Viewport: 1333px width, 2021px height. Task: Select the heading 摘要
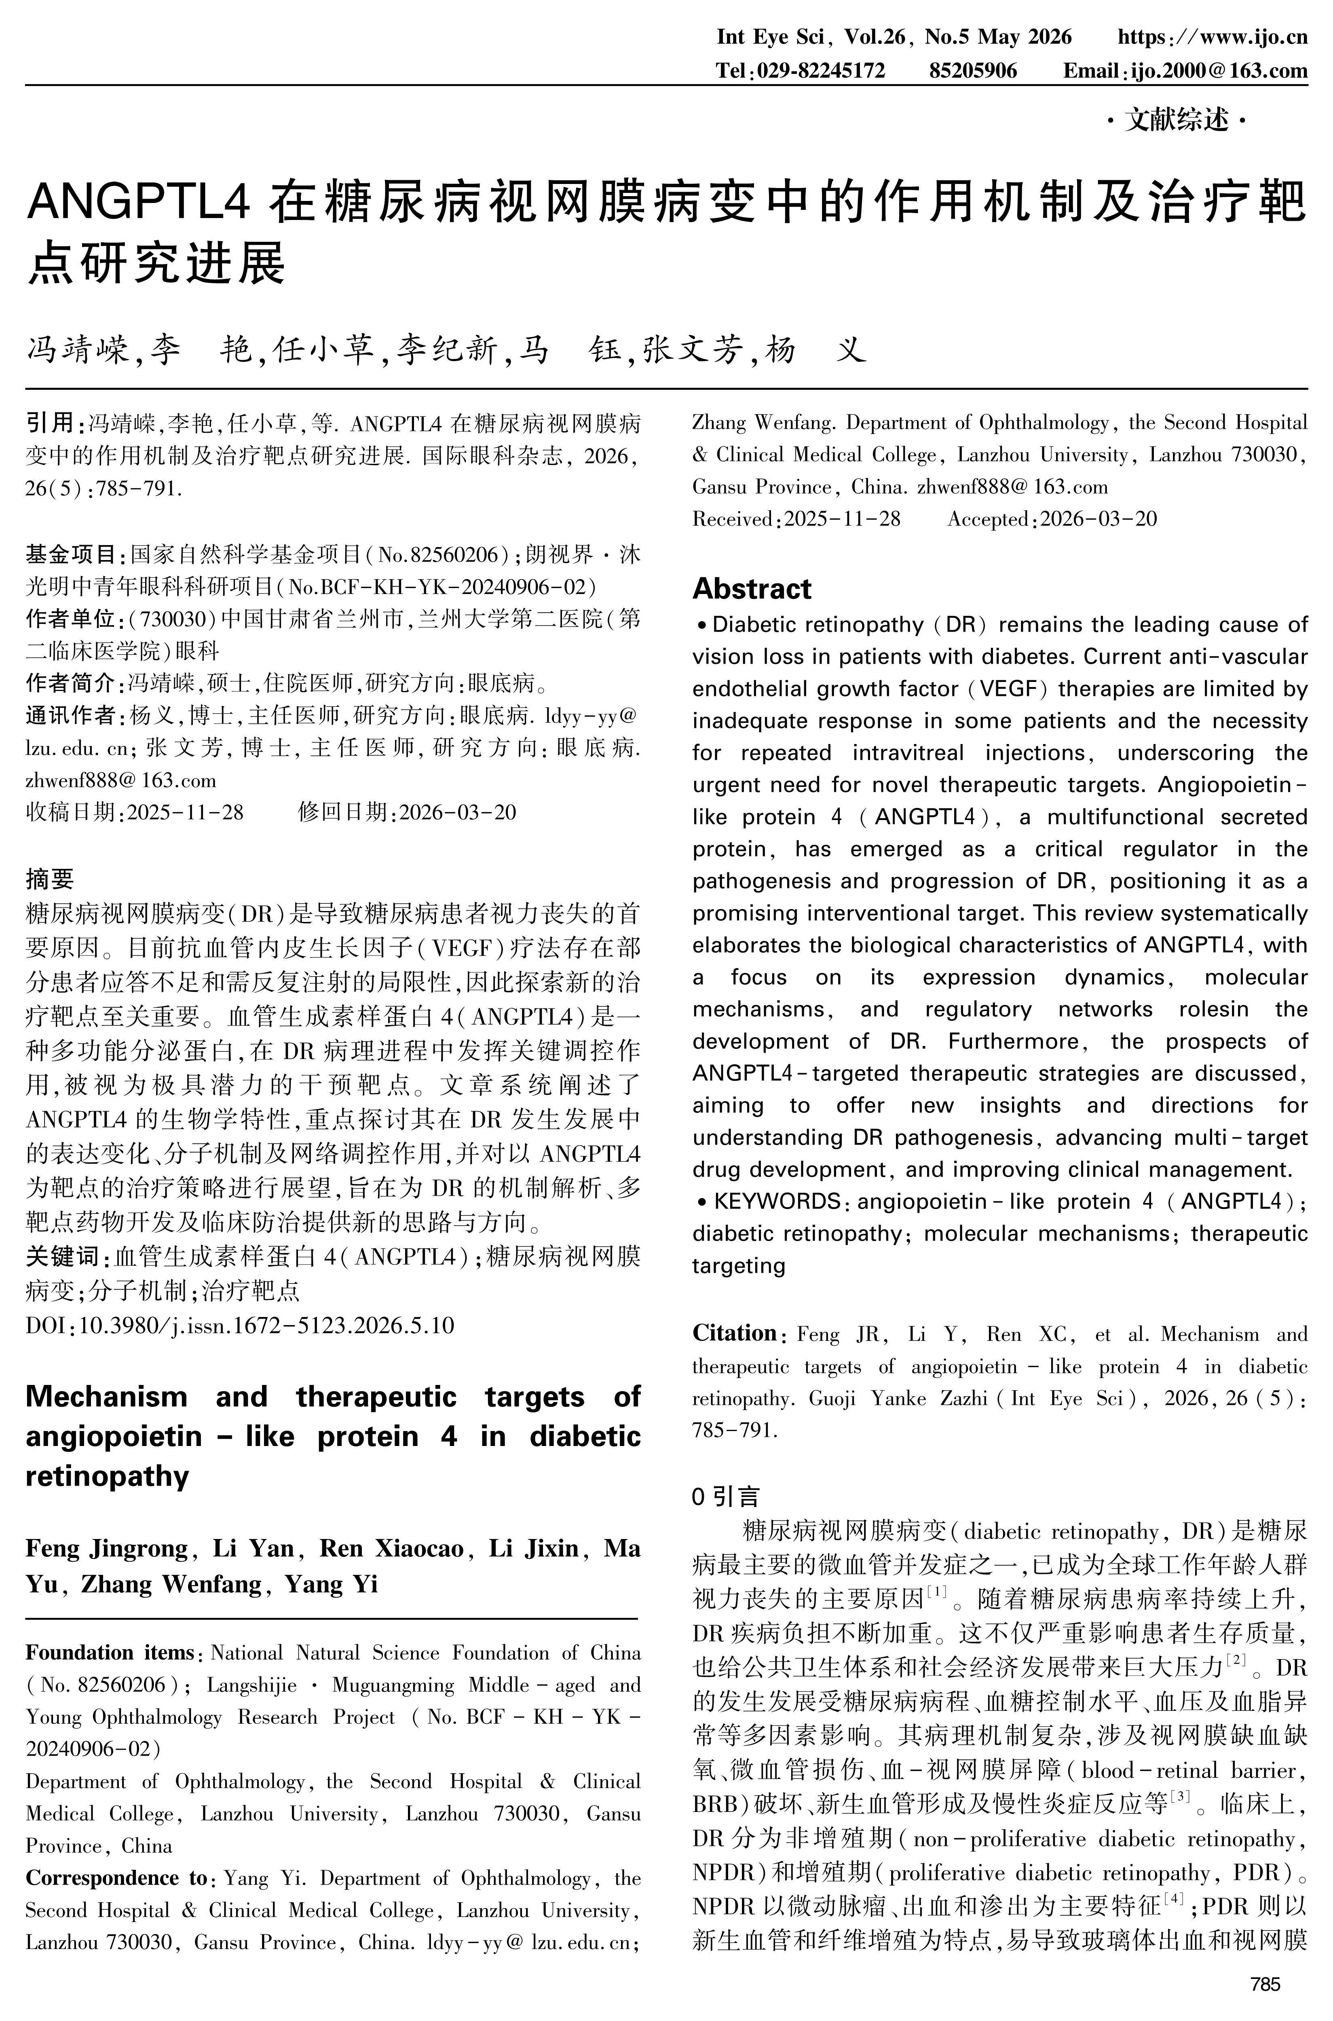[x=49, y=878]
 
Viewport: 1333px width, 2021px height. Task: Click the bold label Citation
[x=734, y=1333]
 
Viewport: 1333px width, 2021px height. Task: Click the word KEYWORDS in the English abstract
[x=777, y=1201]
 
